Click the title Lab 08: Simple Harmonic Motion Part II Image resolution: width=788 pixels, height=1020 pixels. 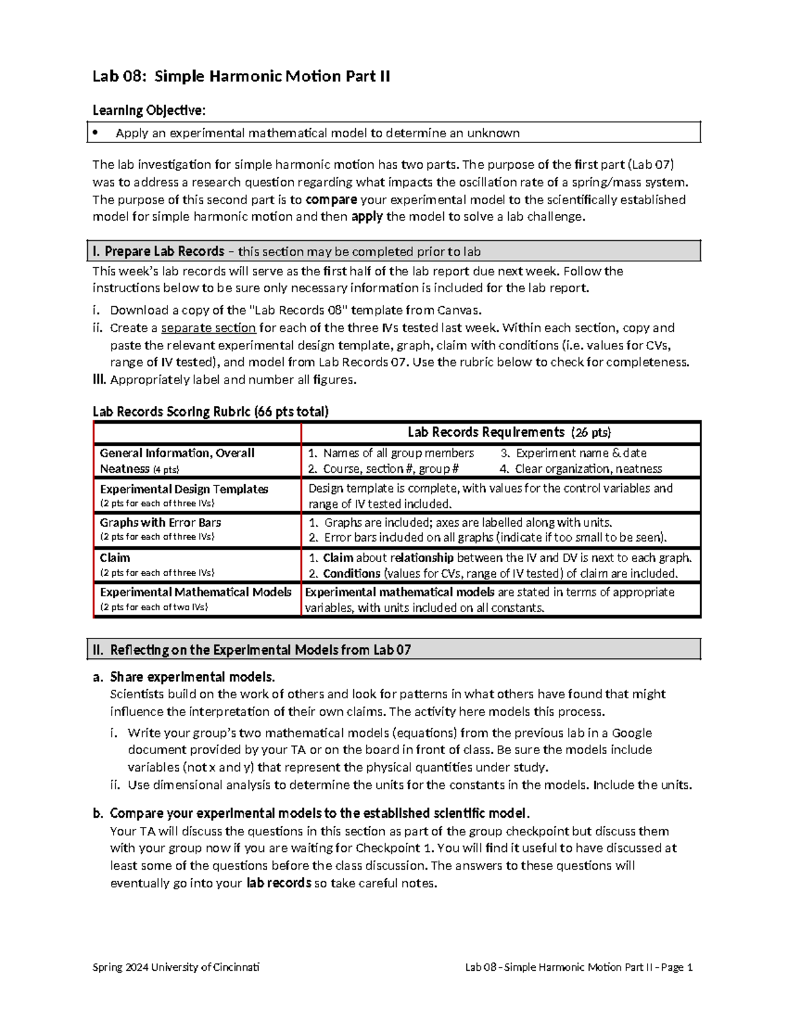click(x=241, y=77)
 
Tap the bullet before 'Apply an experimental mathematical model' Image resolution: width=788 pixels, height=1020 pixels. click(x=96, y=133)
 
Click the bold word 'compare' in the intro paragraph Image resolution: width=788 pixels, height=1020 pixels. click(x=331, y=200)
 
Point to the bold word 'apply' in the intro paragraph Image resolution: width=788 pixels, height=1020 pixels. click(x=367, y=217)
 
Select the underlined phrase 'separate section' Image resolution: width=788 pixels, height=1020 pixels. click(x=208, y=328)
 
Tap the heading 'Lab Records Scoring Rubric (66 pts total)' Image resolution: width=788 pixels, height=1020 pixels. click(x=210, y=412)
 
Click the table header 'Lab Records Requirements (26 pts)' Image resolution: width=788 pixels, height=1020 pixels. click(x=509, y=432)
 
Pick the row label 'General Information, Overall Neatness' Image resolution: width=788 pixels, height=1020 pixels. click(x=177, y=460)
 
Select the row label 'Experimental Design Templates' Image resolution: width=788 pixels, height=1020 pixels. click(x=184, y=489)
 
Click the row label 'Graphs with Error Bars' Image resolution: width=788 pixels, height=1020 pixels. click(x=160, y=523)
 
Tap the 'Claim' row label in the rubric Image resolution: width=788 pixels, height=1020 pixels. click(x=115, y=558)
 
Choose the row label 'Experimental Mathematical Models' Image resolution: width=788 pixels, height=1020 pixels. click(x=195, y=592)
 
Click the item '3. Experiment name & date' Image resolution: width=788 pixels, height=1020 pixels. click(x=573, y=453)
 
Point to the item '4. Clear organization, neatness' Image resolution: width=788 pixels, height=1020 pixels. click(x=580, y=469)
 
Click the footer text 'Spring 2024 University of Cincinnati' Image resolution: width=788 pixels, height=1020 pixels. click(x=176, y=967)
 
